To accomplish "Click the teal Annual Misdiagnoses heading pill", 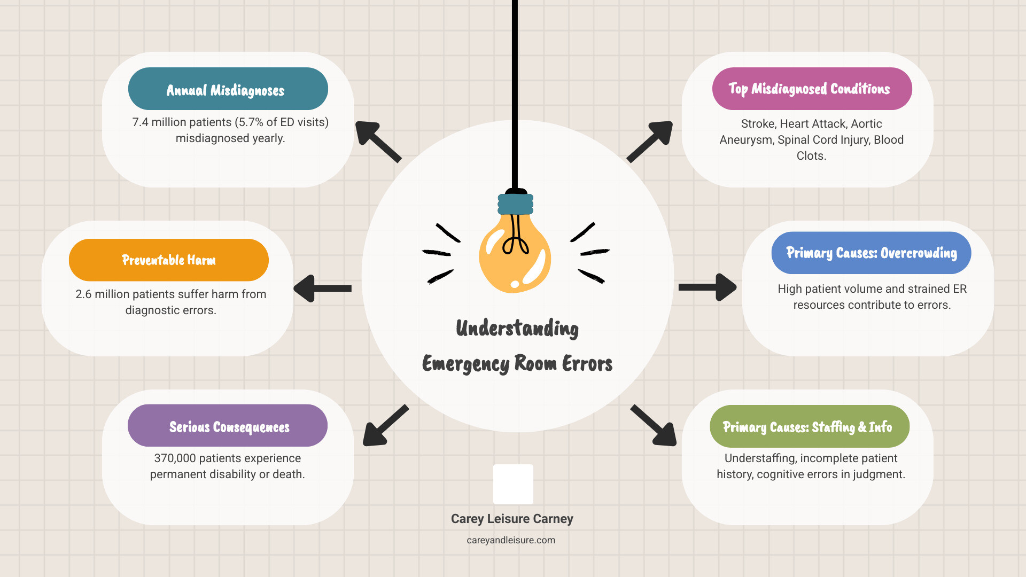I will (228, 89).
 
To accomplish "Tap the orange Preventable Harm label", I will (168, 260).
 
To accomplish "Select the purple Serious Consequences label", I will (228, 426).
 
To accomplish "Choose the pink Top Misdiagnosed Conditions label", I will (812, 89).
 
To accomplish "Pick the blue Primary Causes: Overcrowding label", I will (871, 253).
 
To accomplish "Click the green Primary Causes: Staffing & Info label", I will (809, 426).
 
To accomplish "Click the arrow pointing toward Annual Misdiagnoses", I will (377, 141).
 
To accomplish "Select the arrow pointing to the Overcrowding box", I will (708, 287).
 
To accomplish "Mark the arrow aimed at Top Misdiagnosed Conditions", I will (651, 141).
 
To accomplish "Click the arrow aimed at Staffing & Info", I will (655, 426).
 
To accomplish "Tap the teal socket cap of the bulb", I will (515, 204).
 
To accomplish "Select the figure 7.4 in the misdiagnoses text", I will (140, 122).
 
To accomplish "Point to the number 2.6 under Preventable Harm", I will (83, 294).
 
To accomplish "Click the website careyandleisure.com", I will (511, 540).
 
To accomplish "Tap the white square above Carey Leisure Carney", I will (513, 484).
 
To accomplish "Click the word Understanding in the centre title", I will (517, 329).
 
